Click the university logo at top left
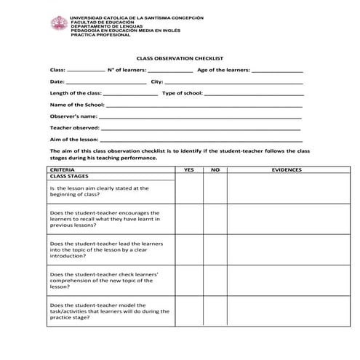tap(58, 23)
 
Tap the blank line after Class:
tap(86, 71)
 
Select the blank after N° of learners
tap(170, 71)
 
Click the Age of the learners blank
tap(277, 71)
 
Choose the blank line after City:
tap(233, 83)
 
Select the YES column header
tap(189, 169)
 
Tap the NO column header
tap(215, 169)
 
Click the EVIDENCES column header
tap(287, 169)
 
